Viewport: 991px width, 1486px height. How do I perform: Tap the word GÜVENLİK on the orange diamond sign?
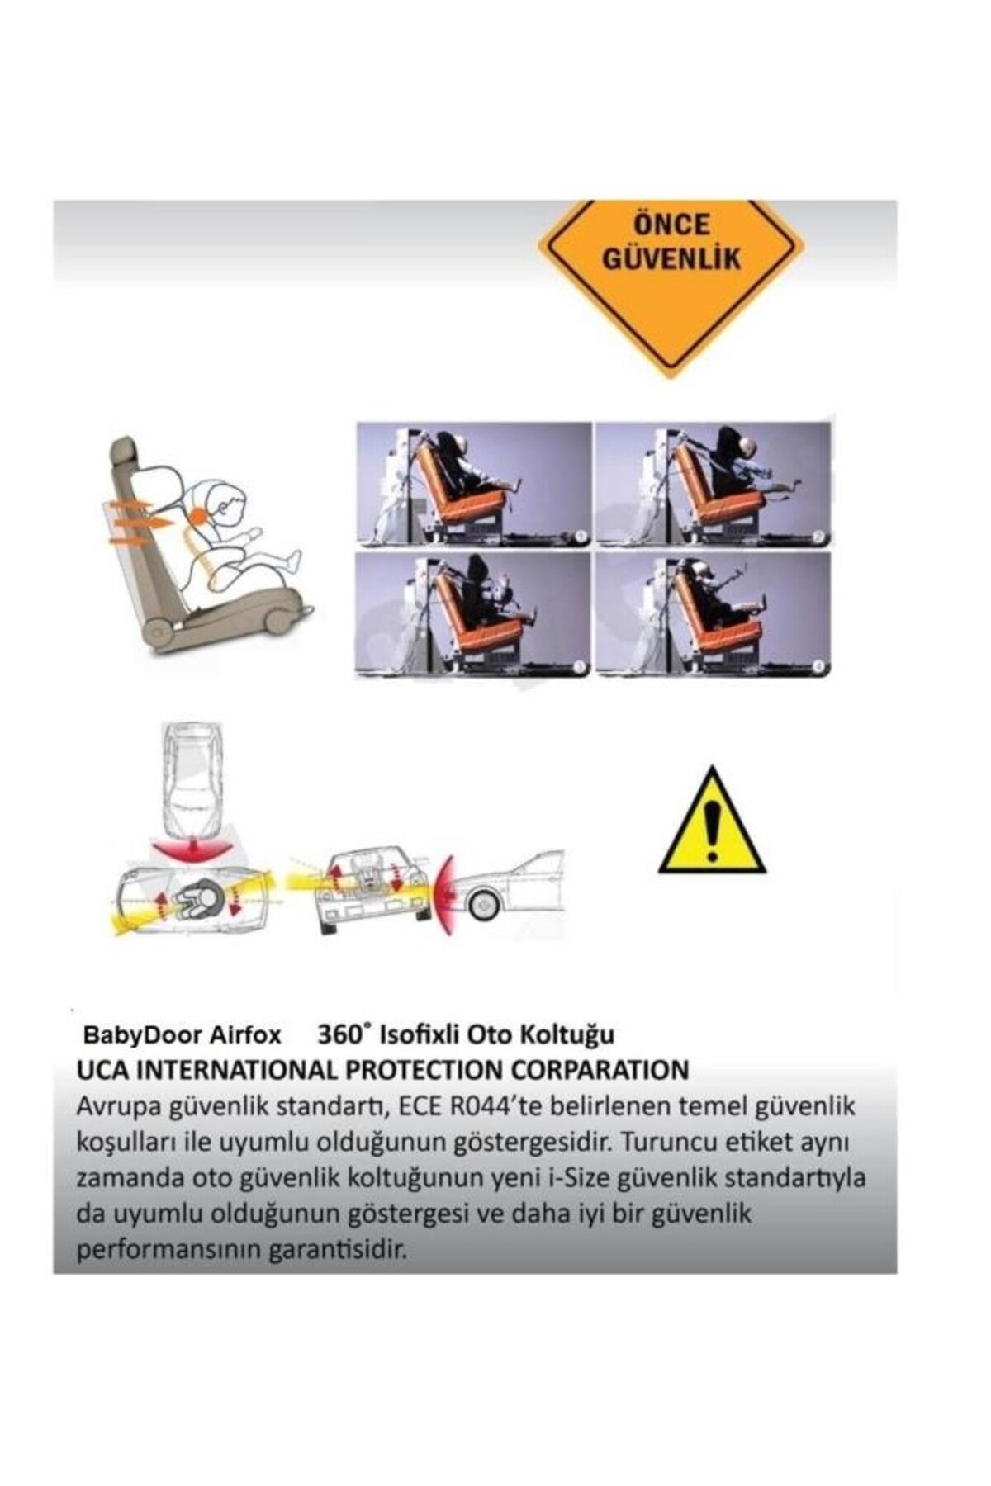671,259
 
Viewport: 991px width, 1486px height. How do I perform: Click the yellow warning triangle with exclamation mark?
712,823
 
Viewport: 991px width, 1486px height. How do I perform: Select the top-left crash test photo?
474,484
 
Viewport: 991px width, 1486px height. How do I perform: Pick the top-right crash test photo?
713,484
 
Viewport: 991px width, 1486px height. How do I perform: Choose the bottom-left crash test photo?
474,614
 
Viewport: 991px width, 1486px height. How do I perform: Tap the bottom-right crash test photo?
713,614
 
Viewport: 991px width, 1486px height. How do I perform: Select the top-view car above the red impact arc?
192,784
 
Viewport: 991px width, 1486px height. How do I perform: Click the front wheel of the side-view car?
480,905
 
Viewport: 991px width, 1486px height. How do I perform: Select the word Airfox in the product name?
244,1035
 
